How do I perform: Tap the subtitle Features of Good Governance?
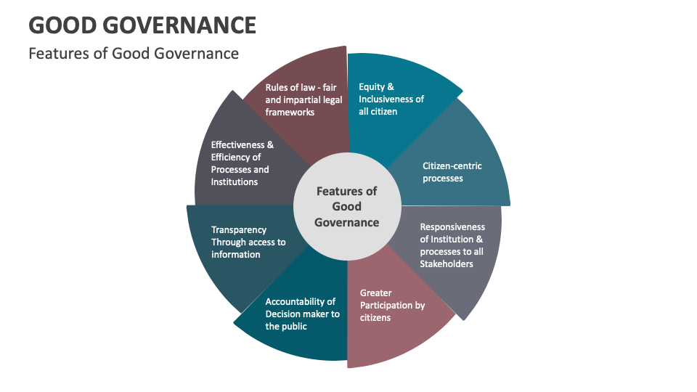133,53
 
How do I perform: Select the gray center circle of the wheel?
347,207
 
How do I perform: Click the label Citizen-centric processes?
452,172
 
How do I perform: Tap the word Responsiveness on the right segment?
452,226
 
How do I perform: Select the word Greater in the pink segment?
376,293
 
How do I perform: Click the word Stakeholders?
447,264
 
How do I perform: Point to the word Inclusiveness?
388,99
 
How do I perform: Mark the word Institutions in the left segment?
235,181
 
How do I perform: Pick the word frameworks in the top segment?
290,112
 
